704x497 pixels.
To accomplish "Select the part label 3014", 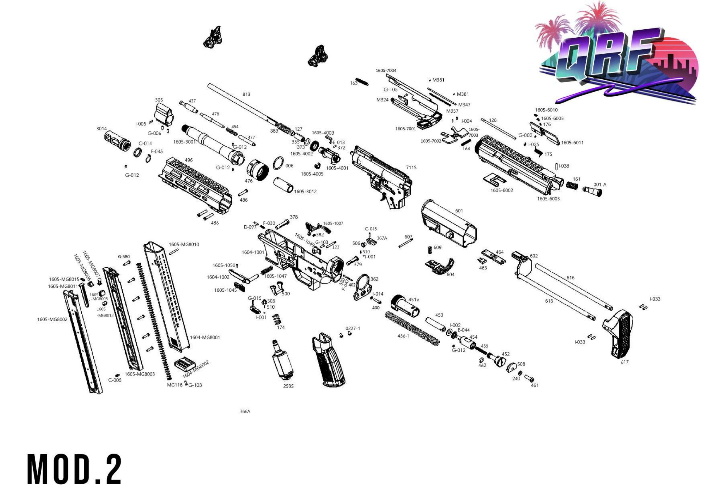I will coord(101,129).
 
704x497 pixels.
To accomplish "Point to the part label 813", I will coord(246,94).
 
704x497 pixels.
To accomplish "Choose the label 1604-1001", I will coord(253,252).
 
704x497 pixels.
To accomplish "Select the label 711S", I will coord(411,168).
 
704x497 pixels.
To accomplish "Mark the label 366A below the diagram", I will coord(245,411).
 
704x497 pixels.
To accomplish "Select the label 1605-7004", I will coord(386,70).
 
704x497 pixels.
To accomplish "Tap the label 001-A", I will coord(600,184).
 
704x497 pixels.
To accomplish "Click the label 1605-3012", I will coord(305,192).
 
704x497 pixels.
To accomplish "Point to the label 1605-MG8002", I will coord(52,319).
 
